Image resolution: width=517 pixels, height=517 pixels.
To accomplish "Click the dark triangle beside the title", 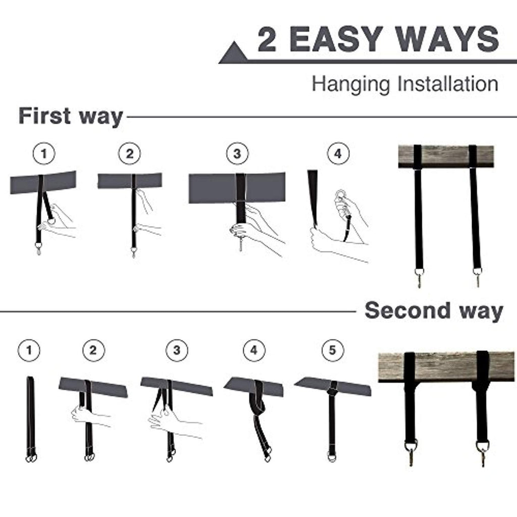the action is click(x=234, y=53).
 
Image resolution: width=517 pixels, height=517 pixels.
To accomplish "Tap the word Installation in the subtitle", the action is click(x=448, y=84).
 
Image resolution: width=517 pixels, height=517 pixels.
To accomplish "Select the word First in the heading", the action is click(x=44, y=116).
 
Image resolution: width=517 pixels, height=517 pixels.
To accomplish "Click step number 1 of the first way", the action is click(x=44, y=153).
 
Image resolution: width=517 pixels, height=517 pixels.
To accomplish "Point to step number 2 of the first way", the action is click(x=130, y=153).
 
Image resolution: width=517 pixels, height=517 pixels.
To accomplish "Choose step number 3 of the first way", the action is click(x=237, y=153).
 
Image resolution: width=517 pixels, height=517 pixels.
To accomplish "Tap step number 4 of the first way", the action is click(x=338, y=153).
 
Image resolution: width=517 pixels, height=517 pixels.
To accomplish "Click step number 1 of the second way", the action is click(x=29, y=350).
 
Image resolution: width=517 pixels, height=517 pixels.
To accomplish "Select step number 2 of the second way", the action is click(x=93, y=350).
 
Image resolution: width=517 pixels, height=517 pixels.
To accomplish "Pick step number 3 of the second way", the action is click(x=177, y=350).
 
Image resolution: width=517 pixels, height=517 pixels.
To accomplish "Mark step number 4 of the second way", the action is click(x=254, y=350).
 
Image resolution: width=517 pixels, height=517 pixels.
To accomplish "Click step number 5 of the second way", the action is click(x=332, y=350).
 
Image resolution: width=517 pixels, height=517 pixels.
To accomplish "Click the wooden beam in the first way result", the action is click(x=446, y=157).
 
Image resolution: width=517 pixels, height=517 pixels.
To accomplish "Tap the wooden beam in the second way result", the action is click(x=446, y=367).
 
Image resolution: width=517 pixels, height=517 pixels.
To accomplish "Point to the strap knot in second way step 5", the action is click(x=333, y=392).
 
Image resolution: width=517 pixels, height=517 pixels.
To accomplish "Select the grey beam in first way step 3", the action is click(x=237, y=187).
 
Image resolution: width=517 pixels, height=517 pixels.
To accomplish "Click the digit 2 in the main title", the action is click(x=267, y=39).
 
